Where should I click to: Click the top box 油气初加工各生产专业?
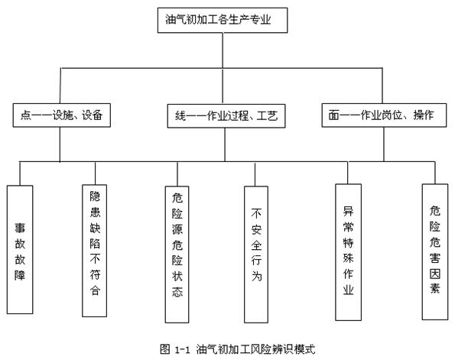click(x=223, y=21)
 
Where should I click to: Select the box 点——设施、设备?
click(x=62, y=115)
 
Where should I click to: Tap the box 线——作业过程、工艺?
click(x=226, y=116)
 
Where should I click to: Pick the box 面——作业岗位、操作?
click(x=384, y=115)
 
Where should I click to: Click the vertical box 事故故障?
click(x=20, y=249)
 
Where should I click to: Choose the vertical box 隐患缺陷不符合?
click(x=95, y=251)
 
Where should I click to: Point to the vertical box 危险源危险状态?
click(x=177, y=255)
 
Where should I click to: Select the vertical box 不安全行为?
click(x=256, y=255)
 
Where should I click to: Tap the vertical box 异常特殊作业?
click(x=348, y=252)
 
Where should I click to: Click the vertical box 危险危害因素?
click(x=434, y=251)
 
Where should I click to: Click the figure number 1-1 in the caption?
click(x=182, y=349)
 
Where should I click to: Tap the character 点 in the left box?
click(x=25, y=115)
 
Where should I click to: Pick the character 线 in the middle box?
click(x=180, y=116)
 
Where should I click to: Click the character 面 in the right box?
click(x=334, y=115)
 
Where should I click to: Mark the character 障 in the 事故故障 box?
click(x=20, y=275)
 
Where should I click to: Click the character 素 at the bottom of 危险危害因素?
click(x=435, y=288)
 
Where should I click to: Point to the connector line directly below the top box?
click(x=223, y=50)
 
